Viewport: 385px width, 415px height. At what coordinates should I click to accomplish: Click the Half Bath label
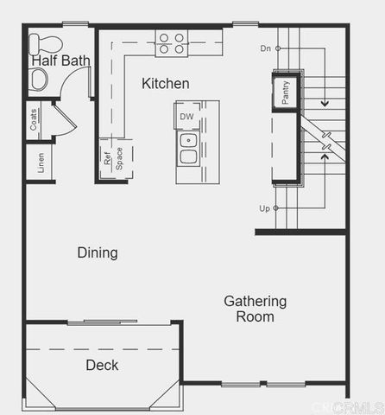click(61, 61)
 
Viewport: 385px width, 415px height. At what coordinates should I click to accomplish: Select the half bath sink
click(39, 80)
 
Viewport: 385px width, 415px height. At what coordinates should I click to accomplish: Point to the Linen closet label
click(41, 163)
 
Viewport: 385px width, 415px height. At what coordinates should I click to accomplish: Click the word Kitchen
click(166, 83)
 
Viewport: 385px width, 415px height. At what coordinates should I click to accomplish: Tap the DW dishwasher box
click(187, 116)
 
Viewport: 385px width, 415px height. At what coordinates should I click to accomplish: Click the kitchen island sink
click(188, 148)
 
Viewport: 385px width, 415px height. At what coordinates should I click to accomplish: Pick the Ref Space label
click(114, 159)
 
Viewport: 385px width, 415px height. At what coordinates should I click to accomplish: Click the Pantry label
click(285, 90)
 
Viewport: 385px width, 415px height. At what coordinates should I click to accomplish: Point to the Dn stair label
click(266, 48)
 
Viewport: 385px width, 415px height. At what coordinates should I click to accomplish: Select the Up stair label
click(265, 208)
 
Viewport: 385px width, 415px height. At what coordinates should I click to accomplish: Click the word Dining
click(98, 253)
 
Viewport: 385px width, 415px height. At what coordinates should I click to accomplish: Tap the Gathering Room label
click(255, 309)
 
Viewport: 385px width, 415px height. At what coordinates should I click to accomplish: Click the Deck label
click(102, 365)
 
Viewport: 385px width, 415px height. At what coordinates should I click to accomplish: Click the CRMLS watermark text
click(348, 406)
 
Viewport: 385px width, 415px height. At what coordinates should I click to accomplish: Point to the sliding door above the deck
click(102, 322)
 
